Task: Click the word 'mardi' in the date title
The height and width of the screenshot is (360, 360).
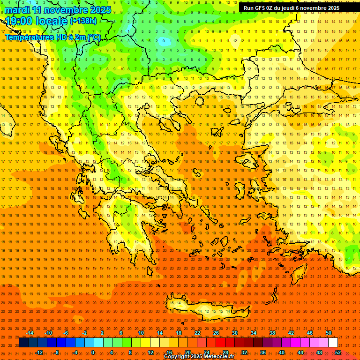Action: (x=17, y=10)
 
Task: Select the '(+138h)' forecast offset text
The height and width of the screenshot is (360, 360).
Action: (x=83, y=21)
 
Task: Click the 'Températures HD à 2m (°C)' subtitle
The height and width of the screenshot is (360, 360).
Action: (x=52, y=37)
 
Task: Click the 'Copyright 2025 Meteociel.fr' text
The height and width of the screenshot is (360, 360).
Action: (x=199, y=357)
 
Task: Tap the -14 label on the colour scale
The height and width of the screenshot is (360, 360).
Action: (x=30, y=333)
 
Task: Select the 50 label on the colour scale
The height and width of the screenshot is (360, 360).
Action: (x=329, y=333)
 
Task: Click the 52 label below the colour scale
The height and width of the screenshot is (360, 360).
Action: (x=338, y=352)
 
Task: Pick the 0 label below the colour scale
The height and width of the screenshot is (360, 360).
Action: (x=92, y=352)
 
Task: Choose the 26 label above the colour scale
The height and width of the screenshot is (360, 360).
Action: (x=216, y=333)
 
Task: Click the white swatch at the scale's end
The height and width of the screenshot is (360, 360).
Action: (x=333, y=343)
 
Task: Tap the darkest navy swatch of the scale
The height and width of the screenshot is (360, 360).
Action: (x=23, y=343)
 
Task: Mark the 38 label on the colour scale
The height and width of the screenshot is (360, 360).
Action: (x=272, y=333)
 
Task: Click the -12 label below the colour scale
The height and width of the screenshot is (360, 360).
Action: (x=39, y=352)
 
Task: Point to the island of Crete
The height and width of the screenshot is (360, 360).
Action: (x=202, y=309)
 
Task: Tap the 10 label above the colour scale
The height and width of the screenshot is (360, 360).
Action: (x=141, y=333)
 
